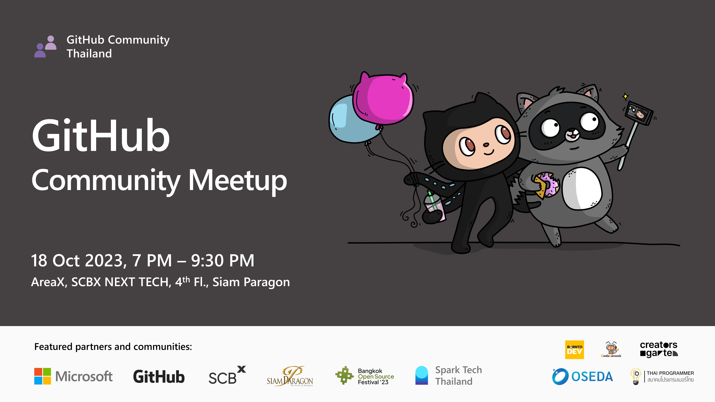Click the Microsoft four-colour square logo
(x=43, y=376)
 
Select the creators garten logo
(x=659, y=349)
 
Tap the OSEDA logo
(x=582, y=376)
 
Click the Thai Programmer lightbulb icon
(x=636, y=376)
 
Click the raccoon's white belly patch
(x=581, y=189)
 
